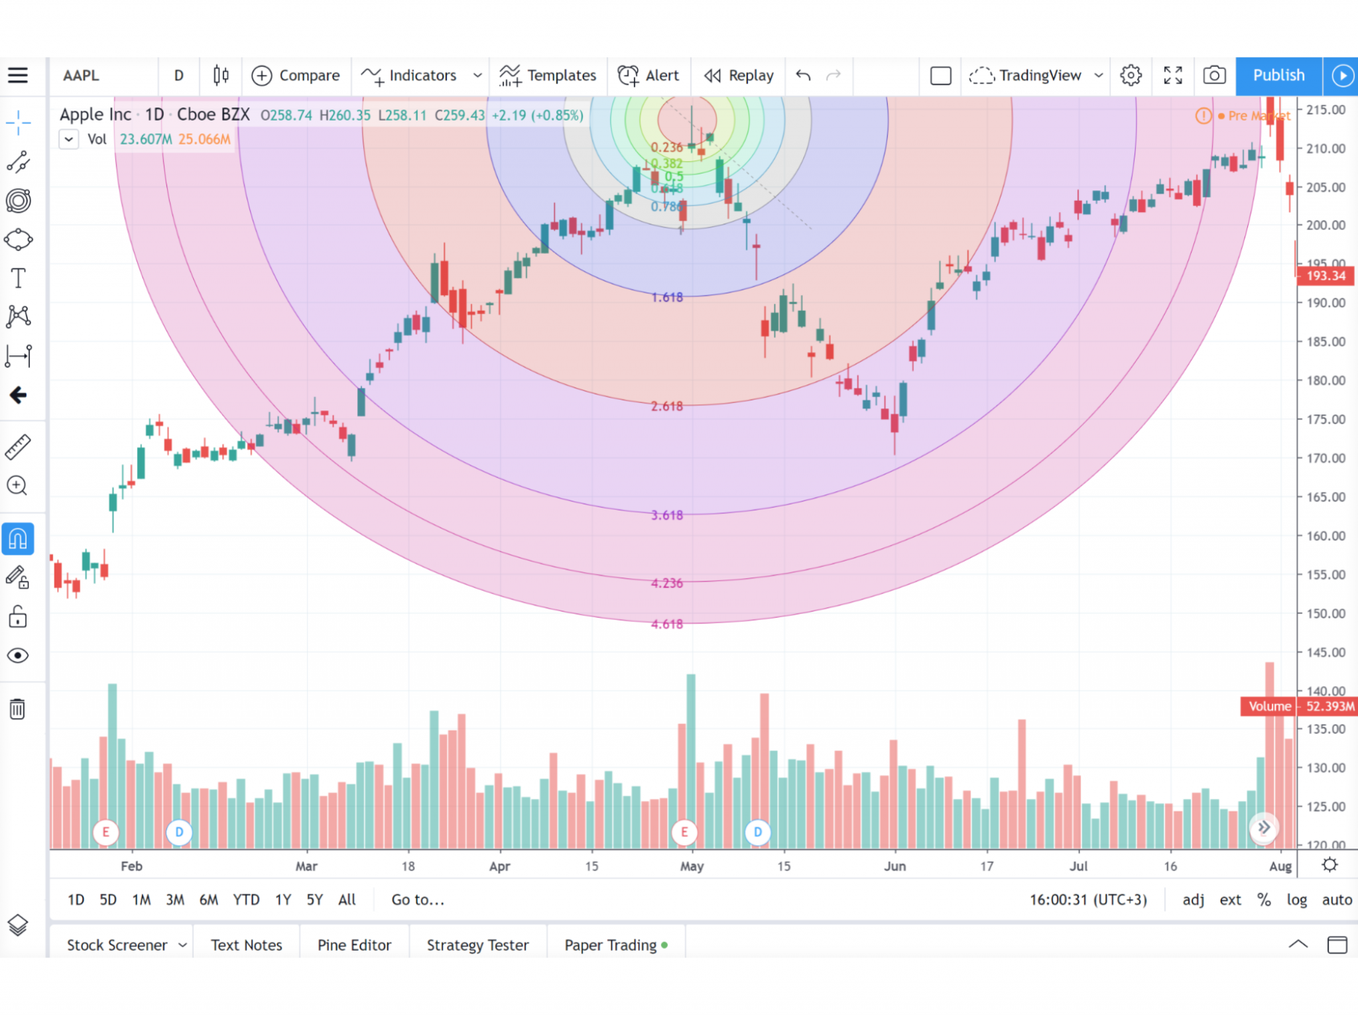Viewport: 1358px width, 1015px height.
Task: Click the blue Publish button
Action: (x=1278, y=76)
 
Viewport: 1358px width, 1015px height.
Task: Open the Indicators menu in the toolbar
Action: (x=422, y=76)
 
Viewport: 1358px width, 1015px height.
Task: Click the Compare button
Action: (x=296, y=76)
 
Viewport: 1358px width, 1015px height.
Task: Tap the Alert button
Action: (x=648, y=76)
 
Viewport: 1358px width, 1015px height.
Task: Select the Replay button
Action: (x=739, y=76)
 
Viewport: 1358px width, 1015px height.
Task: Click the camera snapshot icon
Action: (x=1213, y=76)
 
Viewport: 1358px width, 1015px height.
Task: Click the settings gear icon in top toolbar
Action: (x=1131, y=76)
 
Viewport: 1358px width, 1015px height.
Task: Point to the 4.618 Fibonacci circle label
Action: (x=666, y=625)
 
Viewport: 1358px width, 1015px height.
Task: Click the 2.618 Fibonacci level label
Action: (x=666, y=406)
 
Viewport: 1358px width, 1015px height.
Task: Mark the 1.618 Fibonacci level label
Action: (x=666, y=298)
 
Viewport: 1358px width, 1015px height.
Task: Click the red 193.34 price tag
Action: (x=1325, y=276)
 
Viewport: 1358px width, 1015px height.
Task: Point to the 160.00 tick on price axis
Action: (x=1325, y=536)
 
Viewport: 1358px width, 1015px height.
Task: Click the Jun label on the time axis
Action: (x=895, y=866)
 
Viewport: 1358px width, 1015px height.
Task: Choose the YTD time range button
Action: (x=246, y=900)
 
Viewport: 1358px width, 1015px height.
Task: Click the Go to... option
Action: (x=418, y=900)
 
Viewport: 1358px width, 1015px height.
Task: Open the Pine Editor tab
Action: (x=354, y=945)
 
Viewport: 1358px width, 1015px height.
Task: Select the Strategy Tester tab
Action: (x=477, y=945)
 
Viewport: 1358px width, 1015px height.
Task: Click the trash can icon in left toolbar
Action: (x=18, y=709)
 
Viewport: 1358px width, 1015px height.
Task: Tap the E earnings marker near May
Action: (x=684, y=831)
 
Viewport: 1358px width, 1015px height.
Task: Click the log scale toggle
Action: (x=1296, y=900)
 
